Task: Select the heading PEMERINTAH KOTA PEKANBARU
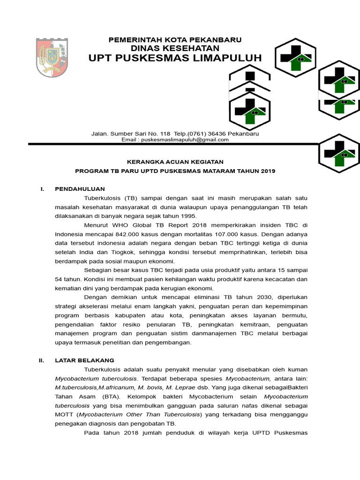pos(175,40)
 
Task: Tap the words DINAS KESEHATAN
pos(175,48)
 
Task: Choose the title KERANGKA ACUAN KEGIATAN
pos(175,162)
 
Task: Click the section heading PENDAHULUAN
pos(80,189)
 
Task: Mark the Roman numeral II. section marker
pos(41,360)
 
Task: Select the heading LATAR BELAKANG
pos(84,360)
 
